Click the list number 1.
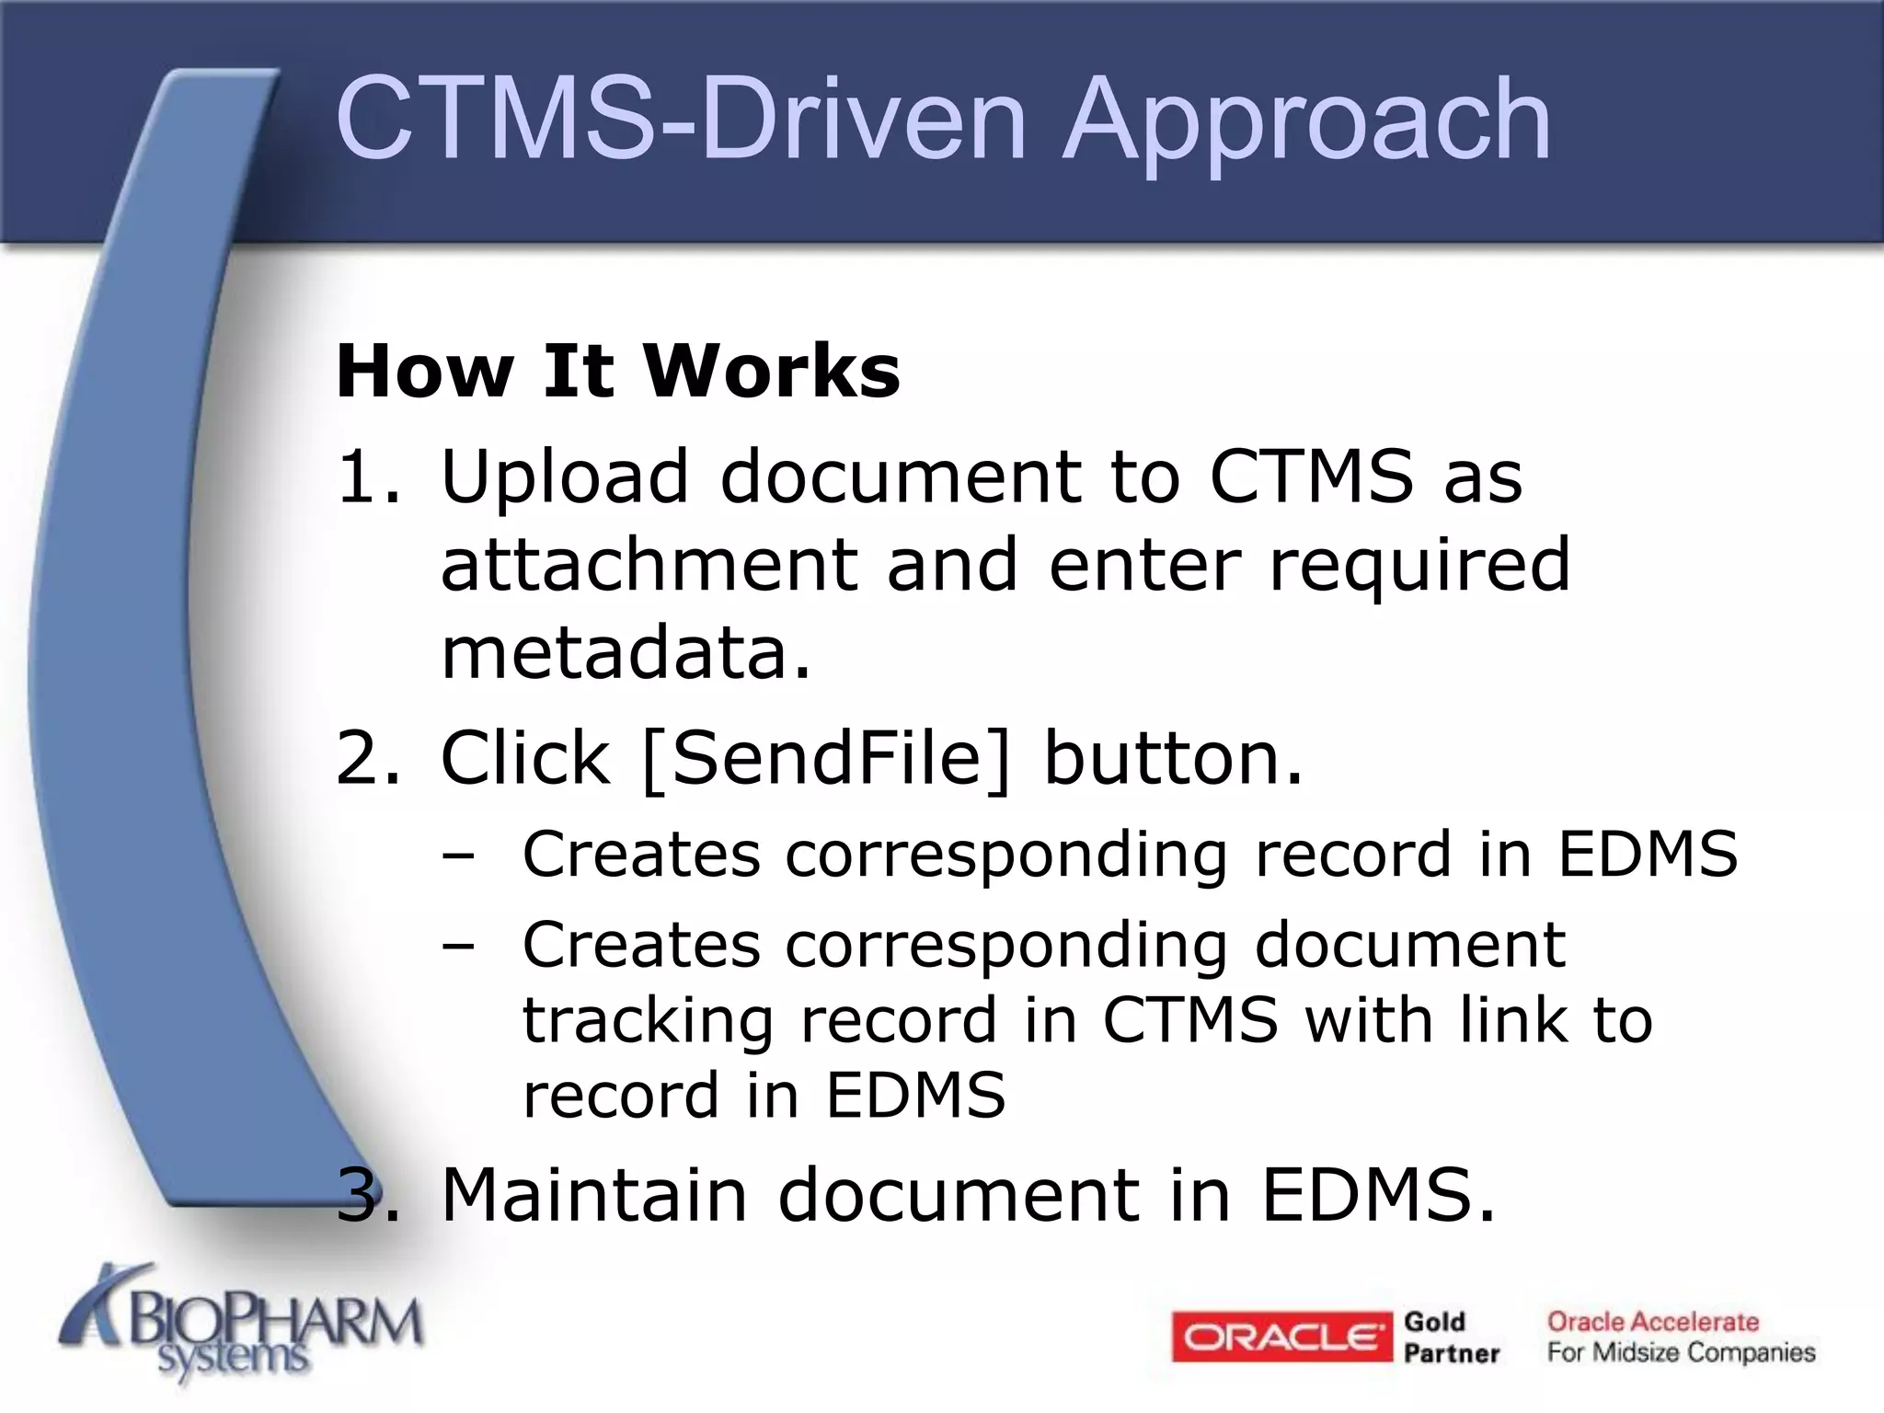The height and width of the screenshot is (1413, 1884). [366, 477]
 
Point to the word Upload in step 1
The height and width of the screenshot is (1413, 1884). [564, 477]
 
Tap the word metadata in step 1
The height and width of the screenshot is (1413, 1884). [626, 653]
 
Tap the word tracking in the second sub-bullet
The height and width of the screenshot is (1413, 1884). [648, 1021]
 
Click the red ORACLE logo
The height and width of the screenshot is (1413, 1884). [1281, 1337]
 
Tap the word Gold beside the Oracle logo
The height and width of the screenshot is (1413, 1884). [1434, 1322]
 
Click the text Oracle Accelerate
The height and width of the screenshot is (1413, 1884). [1652, 1322]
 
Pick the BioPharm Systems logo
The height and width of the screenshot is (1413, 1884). [241, 1325]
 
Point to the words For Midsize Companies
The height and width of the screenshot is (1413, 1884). [1681, 1353]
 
